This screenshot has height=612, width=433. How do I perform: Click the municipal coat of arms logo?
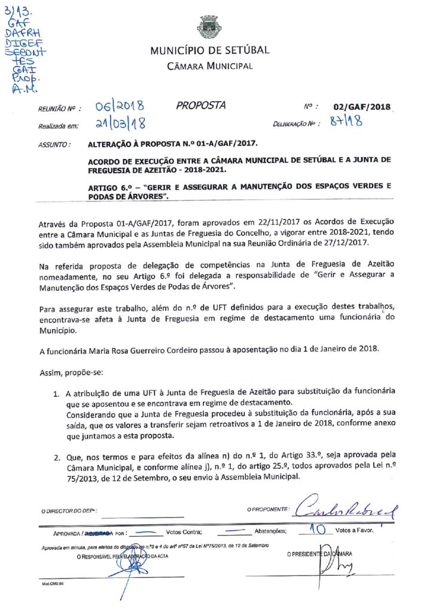[209, 27]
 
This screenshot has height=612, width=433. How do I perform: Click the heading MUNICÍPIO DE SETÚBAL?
[210, 50]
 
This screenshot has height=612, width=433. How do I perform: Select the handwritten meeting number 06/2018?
[120, 107]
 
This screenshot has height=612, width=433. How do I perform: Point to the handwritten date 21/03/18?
[121, 124]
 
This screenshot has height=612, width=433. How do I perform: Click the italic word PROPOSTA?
[201, 106]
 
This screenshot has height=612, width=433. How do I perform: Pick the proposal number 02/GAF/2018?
[362, 107]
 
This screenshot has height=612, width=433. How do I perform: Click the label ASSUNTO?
[54, 145]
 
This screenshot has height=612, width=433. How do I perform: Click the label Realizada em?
[59, 126]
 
